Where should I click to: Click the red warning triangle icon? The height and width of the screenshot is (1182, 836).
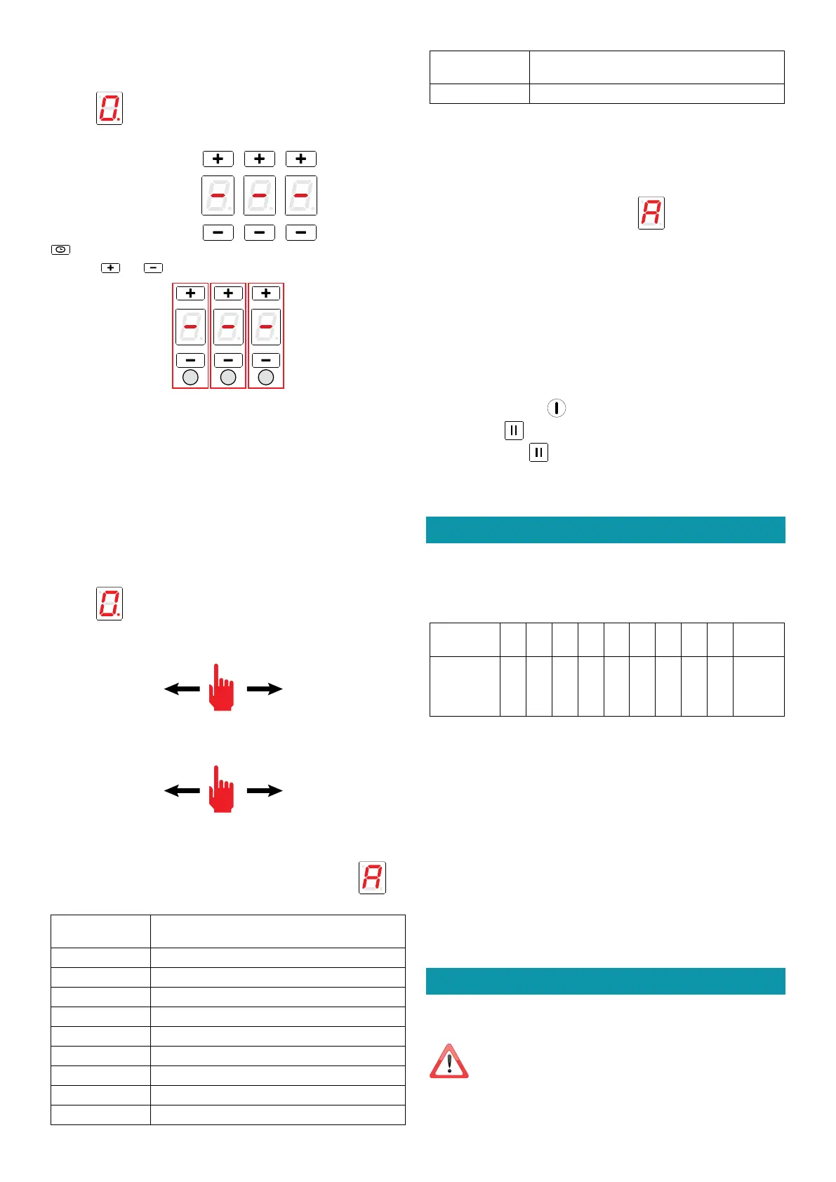tap(449, 1061)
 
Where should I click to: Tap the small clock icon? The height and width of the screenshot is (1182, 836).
tap(60, 249)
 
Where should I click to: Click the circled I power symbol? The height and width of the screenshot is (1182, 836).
tap(556, 408)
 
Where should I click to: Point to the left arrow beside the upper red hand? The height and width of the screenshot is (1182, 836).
tap(182, 689)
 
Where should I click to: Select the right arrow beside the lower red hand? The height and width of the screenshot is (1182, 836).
tap(265, 790)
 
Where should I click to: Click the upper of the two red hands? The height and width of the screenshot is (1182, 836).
tap(222, 688)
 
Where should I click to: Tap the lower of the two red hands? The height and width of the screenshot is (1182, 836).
tap(222, 790)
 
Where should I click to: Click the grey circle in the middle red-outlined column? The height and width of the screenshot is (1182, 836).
tap(228, 378)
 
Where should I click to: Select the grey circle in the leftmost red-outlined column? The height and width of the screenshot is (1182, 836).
tap(190, 378)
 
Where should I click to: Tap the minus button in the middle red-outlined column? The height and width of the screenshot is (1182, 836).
tap(228, 360)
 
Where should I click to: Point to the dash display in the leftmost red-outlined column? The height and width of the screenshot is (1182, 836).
tap(190, 327)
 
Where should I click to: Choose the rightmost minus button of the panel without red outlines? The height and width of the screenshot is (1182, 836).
tap(301, 232)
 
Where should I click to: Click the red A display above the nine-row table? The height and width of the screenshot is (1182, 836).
tap(372, 877)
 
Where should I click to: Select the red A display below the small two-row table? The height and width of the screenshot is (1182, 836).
tap(651, 213)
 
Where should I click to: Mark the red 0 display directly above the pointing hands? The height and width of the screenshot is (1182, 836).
tap(110, 604)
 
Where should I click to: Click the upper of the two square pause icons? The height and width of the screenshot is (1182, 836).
tap(514, 430)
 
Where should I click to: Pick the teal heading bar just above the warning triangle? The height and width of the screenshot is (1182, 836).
tap(605, 981)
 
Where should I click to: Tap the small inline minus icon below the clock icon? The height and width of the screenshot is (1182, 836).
tap(153, 267)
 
